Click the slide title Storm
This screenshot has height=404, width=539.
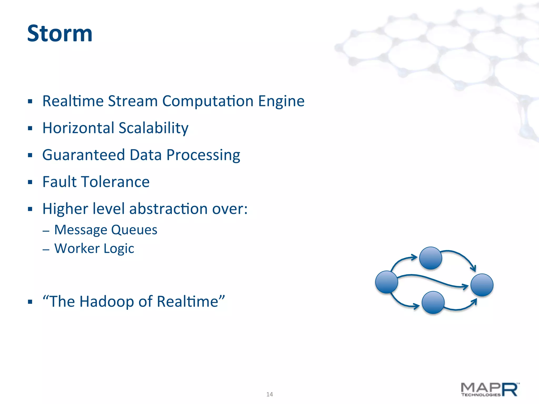click(60, 33)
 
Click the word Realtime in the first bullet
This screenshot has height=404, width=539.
click(73, 101)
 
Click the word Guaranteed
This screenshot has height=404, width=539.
click(83, 155)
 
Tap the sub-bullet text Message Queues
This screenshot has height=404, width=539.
click(106, 230)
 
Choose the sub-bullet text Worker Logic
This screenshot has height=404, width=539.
click(94, 249)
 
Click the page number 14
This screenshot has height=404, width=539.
click(269, 394)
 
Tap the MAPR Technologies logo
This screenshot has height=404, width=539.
click(490, 390)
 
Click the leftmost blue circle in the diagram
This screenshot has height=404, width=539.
click(386, 282)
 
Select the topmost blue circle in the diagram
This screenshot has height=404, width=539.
click(431, 258)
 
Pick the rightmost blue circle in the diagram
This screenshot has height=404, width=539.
click(482, 285)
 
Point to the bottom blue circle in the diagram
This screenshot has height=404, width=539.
click(433, 302)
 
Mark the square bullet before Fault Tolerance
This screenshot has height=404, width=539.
click(30, 182)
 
